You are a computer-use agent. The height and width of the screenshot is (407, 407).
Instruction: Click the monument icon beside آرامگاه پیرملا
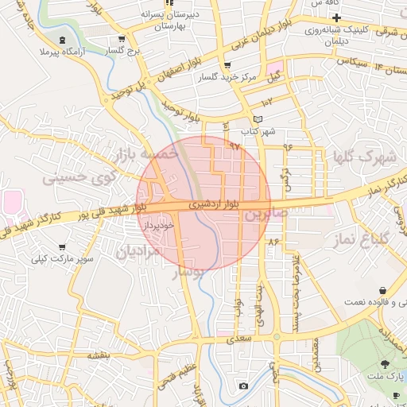(63, 41)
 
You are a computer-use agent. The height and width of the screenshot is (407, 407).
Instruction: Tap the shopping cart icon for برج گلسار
(121, 39)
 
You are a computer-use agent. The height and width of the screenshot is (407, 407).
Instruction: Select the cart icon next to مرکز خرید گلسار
(228, 66)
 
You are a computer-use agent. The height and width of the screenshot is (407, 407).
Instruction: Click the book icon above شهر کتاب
(257, 120)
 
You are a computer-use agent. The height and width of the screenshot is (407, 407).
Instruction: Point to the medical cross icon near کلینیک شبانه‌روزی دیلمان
(336, 17)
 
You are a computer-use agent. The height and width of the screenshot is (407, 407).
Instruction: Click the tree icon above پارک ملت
(385, 363)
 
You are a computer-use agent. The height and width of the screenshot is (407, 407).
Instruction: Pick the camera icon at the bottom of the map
(243, 386)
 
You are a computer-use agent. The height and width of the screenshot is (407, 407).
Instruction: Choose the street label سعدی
(237, 339)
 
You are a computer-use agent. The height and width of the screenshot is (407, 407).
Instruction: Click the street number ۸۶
(274, 241)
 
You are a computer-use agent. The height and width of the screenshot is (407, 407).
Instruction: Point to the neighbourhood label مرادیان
(140, 251)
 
